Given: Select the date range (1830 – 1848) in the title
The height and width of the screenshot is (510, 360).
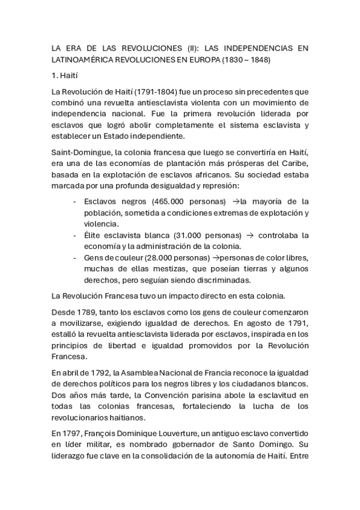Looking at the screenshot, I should [x=246, y=60].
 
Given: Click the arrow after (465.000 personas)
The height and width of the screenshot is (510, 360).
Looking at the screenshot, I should [x=236, y=201].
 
